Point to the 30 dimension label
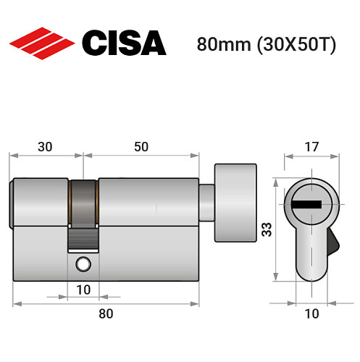45,146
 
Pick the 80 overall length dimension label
106,314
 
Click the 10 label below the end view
310,314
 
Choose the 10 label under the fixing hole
83,291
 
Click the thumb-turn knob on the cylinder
235,195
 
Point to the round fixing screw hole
83,264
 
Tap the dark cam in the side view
83,210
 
